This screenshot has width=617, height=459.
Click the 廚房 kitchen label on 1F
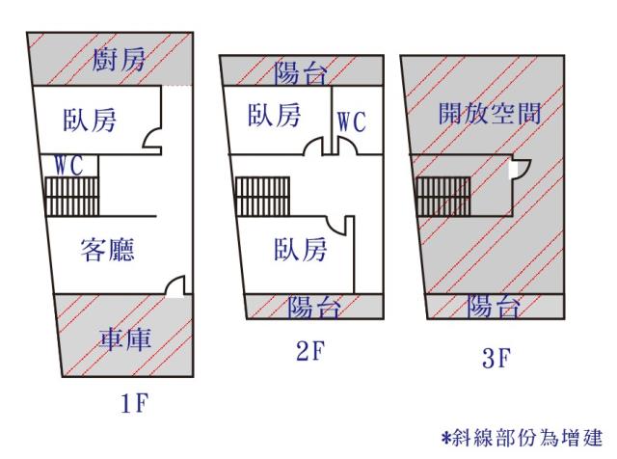coord(120,60)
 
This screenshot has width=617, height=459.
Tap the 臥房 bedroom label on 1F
coord(90,121)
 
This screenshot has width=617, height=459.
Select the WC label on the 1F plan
coord(74,165)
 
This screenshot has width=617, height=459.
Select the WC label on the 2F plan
coord(351,122)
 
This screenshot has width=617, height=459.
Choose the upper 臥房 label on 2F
coord(273,116)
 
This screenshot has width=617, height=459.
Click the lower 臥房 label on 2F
coord(299,250)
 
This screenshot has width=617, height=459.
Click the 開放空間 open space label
coord(489,112)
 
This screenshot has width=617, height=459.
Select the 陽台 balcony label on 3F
coord(494,307)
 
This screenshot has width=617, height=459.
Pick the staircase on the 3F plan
coord(443,197)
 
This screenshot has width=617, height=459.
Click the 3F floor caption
coord(495,361)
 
